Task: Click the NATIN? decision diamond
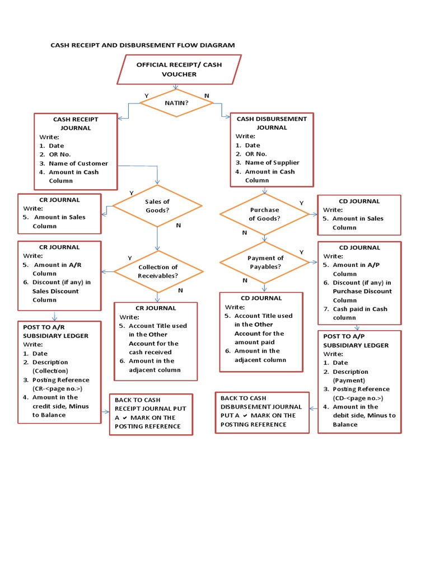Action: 176,103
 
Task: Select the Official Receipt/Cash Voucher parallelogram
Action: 179,69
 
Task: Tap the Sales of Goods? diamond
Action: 157,206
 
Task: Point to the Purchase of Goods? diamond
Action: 264,214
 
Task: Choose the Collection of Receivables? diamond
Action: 158,271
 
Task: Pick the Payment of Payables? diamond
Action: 265,262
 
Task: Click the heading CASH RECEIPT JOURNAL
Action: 76,124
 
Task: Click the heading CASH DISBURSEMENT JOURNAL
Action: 272,123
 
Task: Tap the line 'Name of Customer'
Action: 78,163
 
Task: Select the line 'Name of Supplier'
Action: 272,163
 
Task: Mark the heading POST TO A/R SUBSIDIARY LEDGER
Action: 55,331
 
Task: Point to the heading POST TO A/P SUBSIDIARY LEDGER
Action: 356,341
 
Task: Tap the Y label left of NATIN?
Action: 147,96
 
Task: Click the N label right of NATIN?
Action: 207,96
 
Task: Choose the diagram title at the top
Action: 143,45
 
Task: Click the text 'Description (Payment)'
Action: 350,376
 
